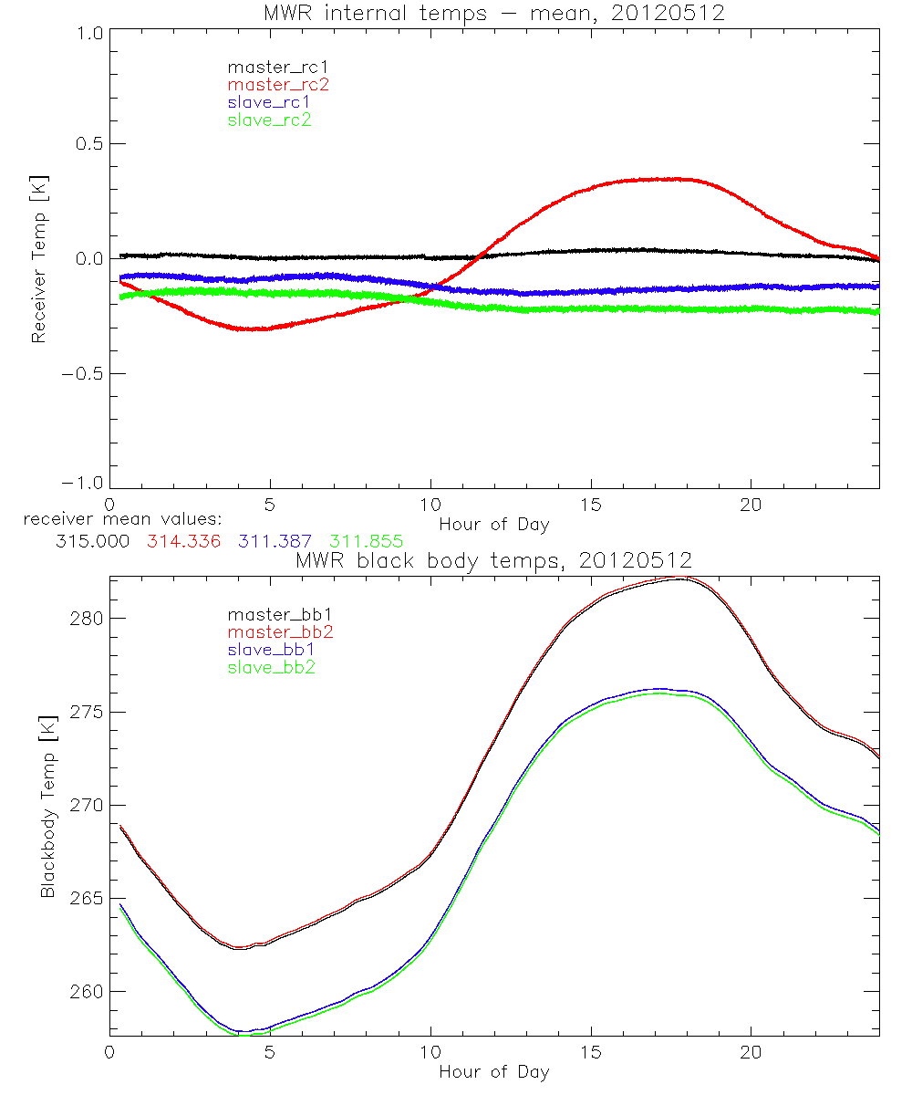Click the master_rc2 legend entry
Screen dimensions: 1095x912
point(277,85)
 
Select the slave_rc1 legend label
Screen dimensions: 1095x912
point(270,102)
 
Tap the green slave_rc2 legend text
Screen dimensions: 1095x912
point(270,120)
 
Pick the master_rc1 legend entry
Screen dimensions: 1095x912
point(277,68)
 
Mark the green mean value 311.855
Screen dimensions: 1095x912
point(367,542)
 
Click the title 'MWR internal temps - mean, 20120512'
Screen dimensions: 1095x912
point(493,14)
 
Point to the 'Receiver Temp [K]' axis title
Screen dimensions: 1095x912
point(38,259)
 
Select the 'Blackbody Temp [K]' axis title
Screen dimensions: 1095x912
point(48,806)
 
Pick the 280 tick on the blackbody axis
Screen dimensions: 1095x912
point(87,619)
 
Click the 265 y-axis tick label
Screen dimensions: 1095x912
point(87,899)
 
